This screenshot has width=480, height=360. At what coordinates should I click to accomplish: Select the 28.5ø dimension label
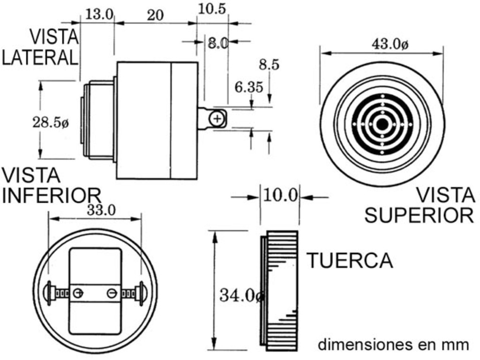coord(51,123)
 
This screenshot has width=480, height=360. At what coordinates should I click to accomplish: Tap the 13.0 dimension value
coord(99,14)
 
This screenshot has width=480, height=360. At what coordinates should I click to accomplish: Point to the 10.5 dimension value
coord(212,8)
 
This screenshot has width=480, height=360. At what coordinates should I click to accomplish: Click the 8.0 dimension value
coord(218,43)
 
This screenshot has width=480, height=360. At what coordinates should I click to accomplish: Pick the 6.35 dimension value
coord(249,88)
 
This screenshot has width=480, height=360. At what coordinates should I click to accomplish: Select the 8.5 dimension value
coord(269,65)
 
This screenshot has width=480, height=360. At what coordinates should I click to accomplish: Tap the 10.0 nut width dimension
coord(280,195)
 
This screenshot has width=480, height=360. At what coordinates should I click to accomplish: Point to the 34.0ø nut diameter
coord(242,295)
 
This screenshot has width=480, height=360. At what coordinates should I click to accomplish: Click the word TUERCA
coord(350,261)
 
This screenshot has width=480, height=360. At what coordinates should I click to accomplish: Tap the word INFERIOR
coord(52,195)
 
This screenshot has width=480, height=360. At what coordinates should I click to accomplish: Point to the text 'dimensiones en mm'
coord(393,345)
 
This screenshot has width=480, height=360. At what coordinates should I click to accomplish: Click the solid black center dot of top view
coord(382,124)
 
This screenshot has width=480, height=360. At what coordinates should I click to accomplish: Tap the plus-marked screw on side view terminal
coord(217,119)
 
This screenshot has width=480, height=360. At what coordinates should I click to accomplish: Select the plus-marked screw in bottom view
coord(78,293)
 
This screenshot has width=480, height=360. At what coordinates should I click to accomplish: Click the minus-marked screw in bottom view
coord(112,293)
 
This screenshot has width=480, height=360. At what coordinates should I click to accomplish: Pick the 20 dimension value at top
coord(155,15)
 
